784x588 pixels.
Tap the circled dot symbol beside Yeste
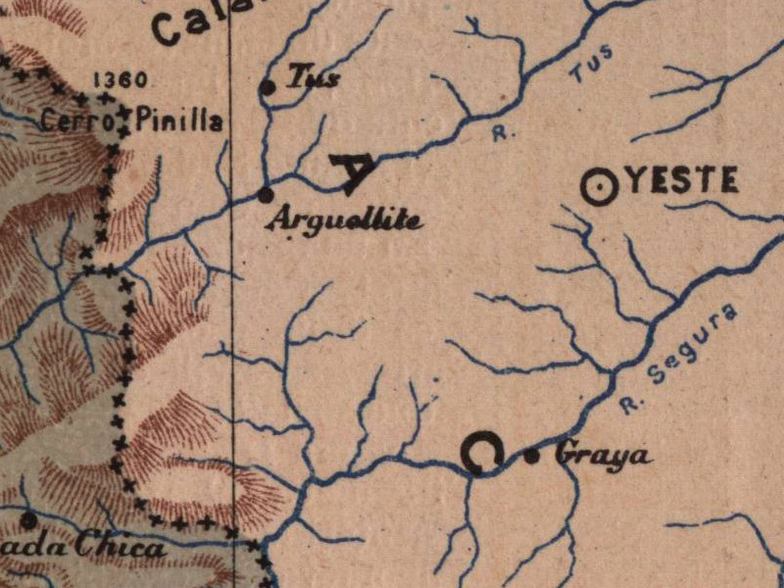[600, 187]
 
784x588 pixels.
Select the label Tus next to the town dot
[313, 79]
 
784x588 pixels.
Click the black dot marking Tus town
[267, 88]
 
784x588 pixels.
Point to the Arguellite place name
[345, 220]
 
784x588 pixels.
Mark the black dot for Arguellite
[264, 194]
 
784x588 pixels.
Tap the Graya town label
[604, 456]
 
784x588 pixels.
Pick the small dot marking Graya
[532, 455]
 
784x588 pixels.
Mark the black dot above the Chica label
[29, 519]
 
